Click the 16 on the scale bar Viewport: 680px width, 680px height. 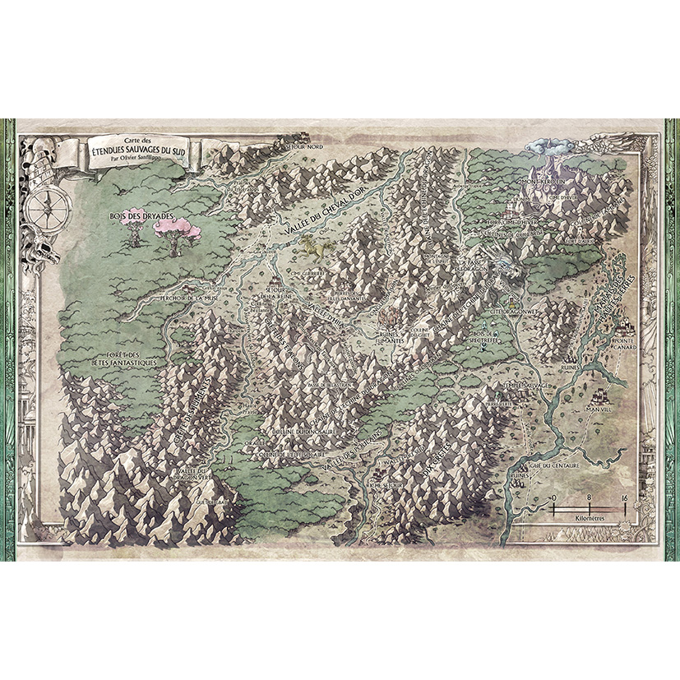[625, 498]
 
